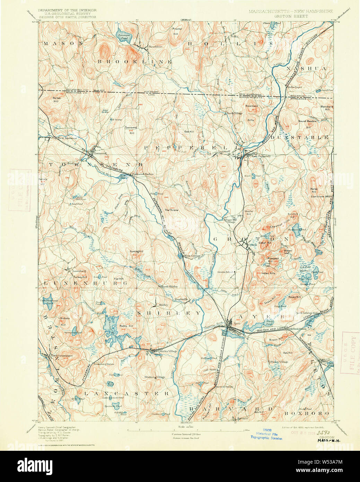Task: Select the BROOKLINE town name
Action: point(134,61)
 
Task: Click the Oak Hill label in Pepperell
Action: point(189,131)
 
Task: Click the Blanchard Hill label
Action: point(326,108)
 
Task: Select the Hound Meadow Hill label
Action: point(307,123)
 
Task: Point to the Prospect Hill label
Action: point(273,260)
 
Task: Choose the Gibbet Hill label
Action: point(265,243)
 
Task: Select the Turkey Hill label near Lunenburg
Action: point(80,277)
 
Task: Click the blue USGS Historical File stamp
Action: point(267,433)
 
